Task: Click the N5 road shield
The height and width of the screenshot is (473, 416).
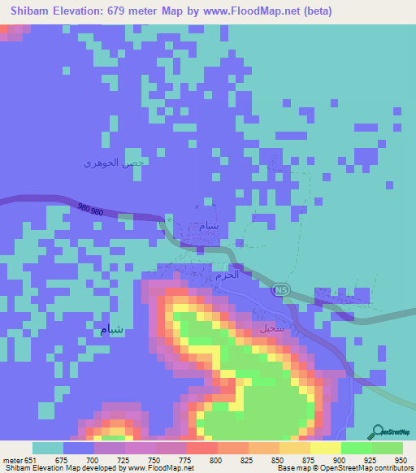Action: pyautogui.click(x=281, y=289)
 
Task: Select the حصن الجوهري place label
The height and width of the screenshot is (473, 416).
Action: pyautogui.click(x=114, y=163)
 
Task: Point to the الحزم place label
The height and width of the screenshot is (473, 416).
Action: pyautogui.click(x=227, y=275)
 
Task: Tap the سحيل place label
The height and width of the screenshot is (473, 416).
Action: pyautogui.click(x=271, y=330)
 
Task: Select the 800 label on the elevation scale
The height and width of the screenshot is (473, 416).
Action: pyautogui.click(x=216, y=461)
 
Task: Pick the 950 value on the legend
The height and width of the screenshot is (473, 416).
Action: pyautogui.click(x=401, y=461)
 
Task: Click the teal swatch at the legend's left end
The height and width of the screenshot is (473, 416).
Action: pyautogui.click(x=48, y=449)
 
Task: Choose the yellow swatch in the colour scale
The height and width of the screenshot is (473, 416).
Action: pyautogui.click(x=325, y=449)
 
